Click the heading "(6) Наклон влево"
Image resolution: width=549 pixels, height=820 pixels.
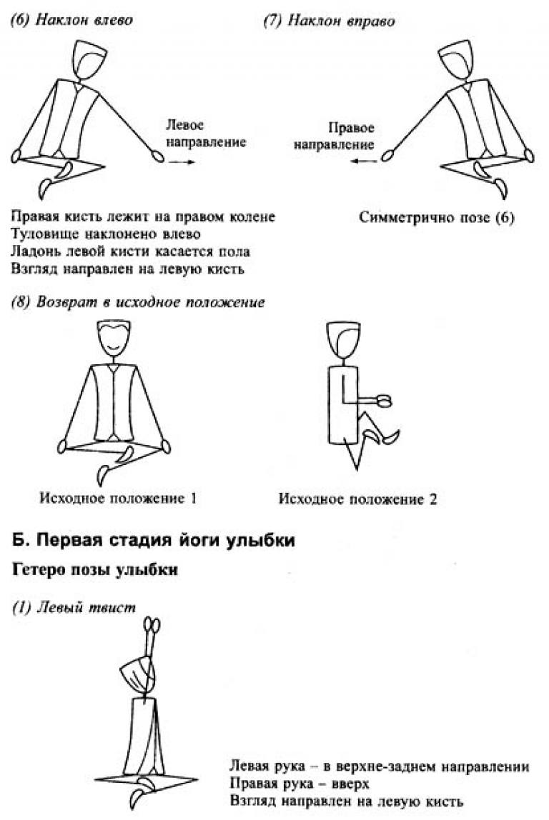pyautogui.click(x=71, y=21)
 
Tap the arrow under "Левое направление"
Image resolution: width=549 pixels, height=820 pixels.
pyautogui.click(x=182, y=162)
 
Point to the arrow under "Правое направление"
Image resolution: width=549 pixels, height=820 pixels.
pyautogui.click(x=363, y=161)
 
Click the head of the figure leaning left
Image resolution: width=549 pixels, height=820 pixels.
pyautogui.click(x=89, y=59)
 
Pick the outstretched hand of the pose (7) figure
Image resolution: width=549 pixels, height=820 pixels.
pyautogui.click(x=388, y=155)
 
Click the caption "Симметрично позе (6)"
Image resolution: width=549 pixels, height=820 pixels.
pyautogui.click(x=437, y=218)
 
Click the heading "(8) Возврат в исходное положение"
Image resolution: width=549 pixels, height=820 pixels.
pyautogui.click(x=138, y=302)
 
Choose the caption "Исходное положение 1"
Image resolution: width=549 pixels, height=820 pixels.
pyautogui.click(x=118, y=498)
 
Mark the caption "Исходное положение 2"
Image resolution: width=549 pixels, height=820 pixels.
pyautogui.click(x=357, y=499)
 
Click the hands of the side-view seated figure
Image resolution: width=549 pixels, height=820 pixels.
pyautogui.click(x=384, y=401)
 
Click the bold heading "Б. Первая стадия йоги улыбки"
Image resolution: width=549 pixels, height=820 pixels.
pyautogui.click(x=154, y=540)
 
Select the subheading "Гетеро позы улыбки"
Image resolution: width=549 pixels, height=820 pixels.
pyautogui.click(x=95, y=569)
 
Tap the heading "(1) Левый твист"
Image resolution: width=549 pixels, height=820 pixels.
pyautogui.click(x=74, y=607)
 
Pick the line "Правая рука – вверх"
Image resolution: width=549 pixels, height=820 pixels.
pyautogui.click(x=300, y=784)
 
